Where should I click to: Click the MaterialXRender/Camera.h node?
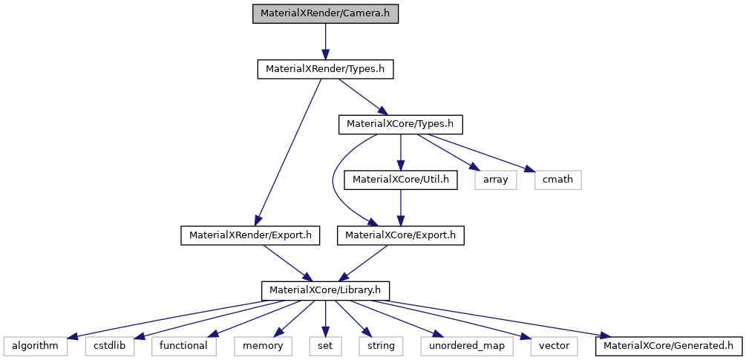[325, 14]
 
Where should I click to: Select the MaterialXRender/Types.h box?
[325, 69]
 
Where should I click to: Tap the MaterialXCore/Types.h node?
[401, 124]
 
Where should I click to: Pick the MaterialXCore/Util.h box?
[401, 180]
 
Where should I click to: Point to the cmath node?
[557, 180]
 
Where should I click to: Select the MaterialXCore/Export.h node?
[401, 235]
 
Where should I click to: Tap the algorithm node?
[36, 345]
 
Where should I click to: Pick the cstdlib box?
[110, 345]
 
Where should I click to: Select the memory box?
[262, 345]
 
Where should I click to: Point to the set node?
[325, 345]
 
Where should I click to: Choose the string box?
[378, 345]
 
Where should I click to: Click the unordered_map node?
[457, 345]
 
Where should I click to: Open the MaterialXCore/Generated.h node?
[668, 345]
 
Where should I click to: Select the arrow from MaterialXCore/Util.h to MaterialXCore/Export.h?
[401, 207]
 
